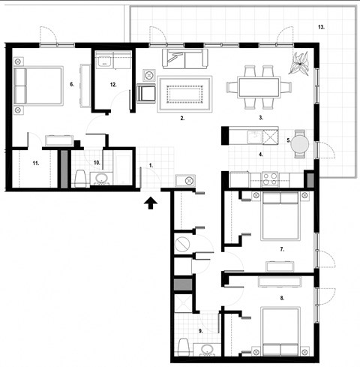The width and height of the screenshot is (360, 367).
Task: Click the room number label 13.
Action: (x=321, y=27)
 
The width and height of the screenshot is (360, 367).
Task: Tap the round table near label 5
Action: (x=301, y=142)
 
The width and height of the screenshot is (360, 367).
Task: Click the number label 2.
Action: (x=182, y=119)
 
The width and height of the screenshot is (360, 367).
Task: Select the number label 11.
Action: (x=35, y=162)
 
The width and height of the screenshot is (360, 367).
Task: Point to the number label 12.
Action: (x=112, y=85)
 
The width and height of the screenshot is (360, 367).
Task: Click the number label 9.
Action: (x=202, y=330)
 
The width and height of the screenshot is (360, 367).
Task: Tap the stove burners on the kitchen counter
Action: (x=268, y=179)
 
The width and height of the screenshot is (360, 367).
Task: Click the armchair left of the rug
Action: (x=148, y=94)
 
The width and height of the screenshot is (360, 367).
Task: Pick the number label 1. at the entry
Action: (x=150, y=164)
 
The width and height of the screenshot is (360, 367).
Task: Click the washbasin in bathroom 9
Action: (x=208, y=350)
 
